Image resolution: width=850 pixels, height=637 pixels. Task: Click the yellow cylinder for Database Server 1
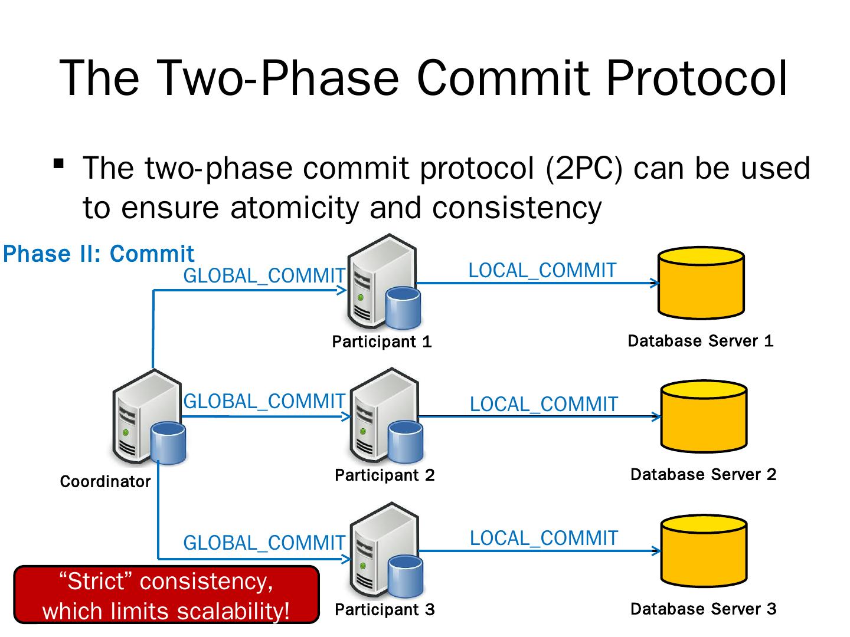[x=701, y=283]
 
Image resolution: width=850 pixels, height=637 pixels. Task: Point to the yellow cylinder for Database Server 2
[x=704, y=416]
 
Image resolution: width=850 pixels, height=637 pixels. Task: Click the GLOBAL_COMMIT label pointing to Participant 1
[x=264, y=275]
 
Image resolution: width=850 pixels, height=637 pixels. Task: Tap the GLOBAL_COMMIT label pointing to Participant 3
[x=264, y=543]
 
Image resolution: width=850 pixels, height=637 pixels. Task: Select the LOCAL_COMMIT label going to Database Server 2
[x=544, y=405]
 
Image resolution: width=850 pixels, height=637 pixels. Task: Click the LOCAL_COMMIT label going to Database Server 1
[x=542, y=271]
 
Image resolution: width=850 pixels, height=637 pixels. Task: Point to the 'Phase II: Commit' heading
[x=99, y=254]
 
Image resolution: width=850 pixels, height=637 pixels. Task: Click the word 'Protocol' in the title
[x=697, y=78]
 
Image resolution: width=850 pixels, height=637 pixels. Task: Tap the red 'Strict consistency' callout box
[x=166, y=595]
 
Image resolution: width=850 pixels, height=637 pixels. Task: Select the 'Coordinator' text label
[x=105, y=482]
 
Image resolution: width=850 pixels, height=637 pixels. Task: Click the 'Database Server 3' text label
[x=703, y=609]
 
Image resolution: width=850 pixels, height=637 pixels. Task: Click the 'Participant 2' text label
[x=384, y=475]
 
